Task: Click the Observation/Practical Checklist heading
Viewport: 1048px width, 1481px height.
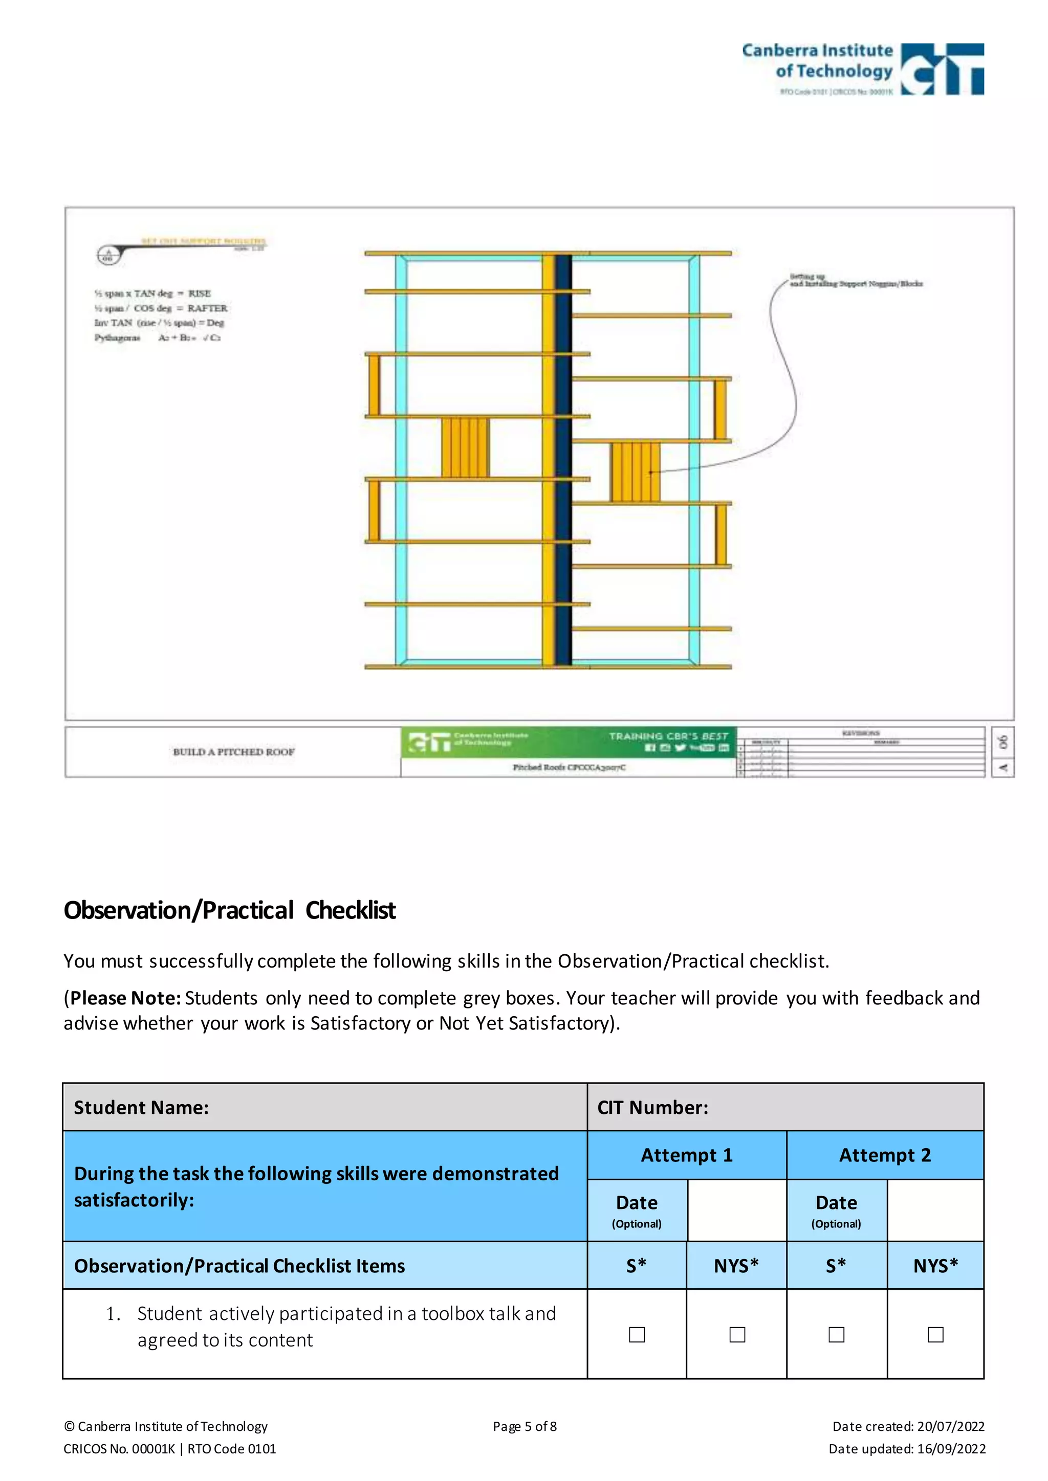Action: (229, 910)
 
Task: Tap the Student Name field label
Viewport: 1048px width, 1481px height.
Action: (141, 1108)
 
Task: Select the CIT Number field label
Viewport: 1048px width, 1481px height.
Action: (652, 1108)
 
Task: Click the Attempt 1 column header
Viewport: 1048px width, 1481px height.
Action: (687, 1155)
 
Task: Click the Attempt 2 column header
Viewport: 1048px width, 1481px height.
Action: (885, 1155)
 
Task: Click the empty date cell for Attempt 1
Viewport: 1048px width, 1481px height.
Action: (737, 1210)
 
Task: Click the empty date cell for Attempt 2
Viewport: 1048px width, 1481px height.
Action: (935, 1210)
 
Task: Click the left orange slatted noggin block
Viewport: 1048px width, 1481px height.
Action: (465, 447)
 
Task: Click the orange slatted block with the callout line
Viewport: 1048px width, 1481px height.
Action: (636, 472)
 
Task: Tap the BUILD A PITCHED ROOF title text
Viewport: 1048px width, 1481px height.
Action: (234, 751)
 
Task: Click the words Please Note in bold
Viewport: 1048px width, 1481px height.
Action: (125, 998)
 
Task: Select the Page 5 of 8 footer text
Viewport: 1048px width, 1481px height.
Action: (525, 1426)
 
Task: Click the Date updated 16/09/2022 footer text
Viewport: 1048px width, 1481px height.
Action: (907, 1449)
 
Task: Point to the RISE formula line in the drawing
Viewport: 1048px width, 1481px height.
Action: (153, 294)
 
